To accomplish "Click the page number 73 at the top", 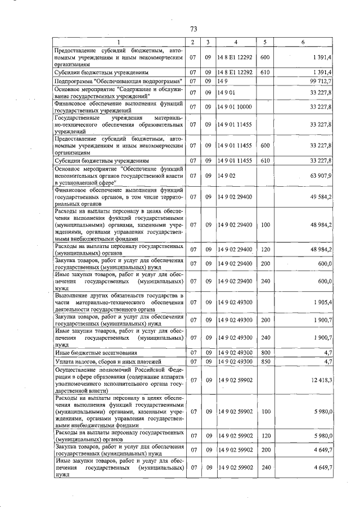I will coord(193,29).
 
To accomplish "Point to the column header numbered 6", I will coord(303,42).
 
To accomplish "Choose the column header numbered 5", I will coord(265,42).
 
